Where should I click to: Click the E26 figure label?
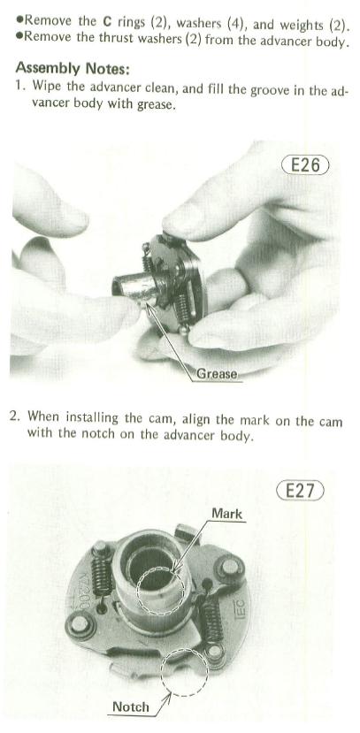click(305, 165)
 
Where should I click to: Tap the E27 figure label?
click(300, 491)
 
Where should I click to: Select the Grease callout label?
click(217, 374)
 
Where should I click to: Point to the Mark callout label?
click(227, 514)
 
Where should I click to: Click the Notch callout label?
click(130, 706)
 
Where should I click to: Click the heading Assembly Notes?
click(73, 69)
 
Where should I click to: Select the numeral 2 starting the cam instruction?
click(13, 416)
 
